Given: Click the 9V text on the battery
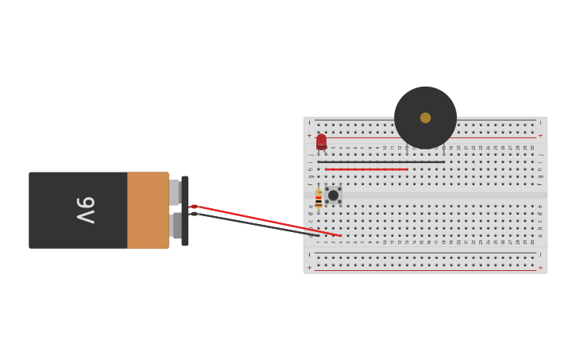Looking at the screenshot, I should (85, 210).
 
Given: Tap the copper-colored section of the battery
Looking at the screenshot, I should (148, 210).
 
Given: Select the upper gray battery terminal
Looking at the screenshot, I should (174, 192).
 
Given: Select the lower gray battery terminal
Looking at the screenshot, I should (176, 226).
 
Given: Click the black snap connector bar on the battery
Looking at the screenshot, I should (185, 211).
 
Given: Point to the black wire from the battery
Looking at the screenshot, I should (254, 224).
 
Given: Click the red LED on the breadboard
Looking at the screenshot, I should (321, 141).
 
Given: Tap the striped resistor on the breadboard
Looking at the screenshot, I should (319, 199).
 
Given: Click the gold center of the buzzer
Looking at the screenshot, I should (425, 118).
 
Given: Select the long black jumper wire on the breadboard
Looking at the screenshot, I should (381, 162).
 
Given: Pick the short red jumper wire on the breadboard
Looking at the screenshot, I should (366, 169).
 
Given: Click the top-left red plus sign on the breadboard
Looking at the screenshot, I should (309, 136).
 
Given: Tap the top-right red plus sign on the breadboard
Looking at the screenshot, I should (541, 136).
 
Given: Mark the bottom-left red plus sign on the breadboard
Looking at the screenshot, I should (309, 268).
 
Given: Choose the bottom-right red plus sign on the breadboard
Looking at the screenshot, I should (541, 268).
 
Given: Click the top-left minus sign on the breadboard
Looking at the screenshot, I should (309, 123).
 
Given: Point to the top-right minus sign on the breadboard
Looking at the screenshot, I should (541, 123).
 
